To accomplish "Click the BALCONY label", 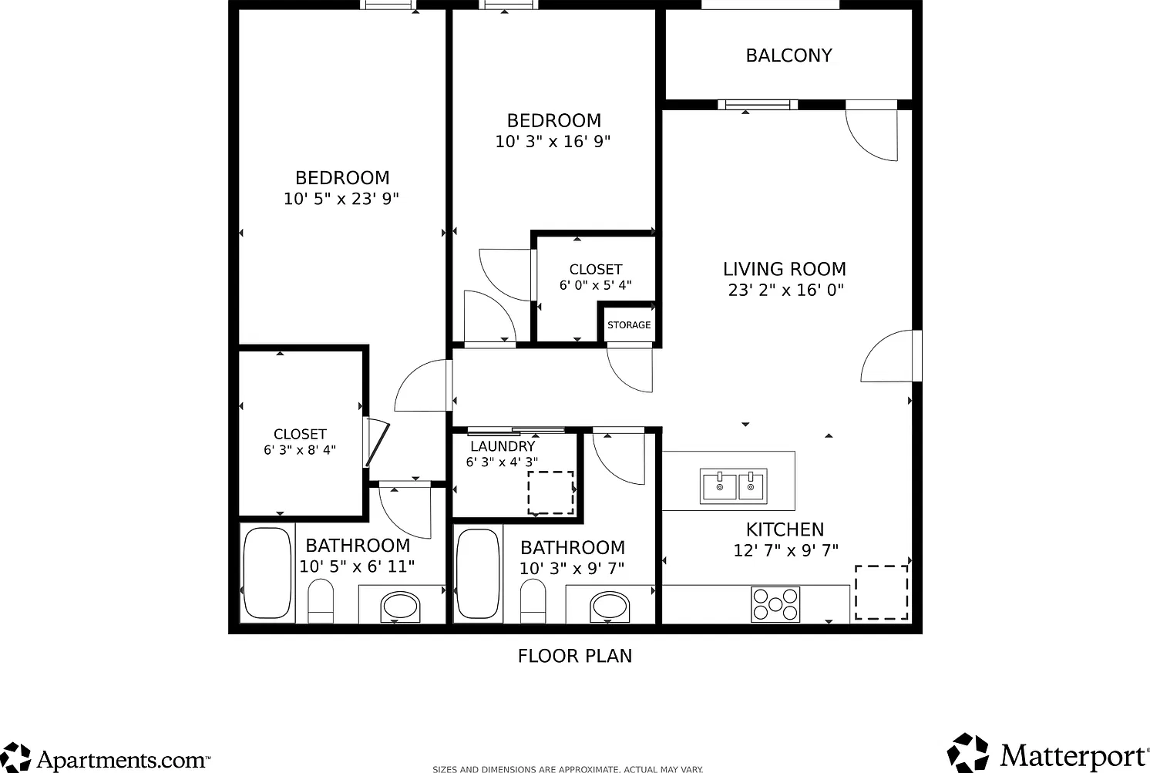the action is point(789,55).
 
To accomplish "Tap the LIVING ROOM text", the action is point(785,269).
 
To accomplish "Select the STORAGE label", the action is point(629,325).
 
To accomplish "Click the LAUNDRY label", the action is point(503,446).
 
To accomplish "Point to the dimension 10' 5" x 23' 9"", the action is point(341,199).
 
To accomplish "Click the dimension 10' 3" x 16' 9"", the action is point(553,141).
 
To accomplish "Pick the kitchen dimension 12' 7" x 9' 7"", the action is point(785,551).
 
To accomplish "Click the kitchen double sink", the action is point(734,486).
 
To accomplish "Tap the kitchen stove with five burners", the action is point(775,604).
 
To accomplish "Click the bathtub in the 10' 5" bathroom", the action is point(267,573).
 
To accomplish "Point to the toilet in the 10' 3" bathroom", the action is point(533,600).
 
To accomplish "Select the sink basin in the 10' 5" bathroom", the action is point(401,607).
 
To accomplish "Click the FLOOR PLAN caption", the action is point(575,656).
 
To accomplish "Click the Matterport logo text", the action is point(1074,756).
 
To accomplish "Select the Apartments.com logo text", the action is point(123,759).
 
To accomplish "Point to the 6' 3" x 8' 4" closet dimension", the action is point(300,450).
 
